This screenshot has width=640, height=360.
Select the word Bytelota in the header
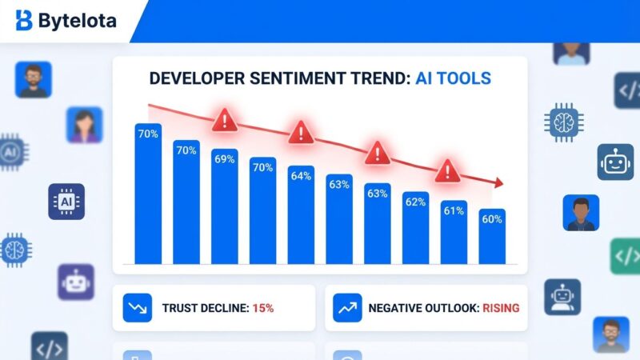[77, 21]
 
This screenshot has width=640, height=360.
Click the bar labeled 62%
[415, 228]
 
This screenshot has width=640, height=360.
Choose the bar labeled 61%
[454, 232]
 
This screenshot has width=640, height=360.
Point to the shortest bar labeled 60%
[491, 237]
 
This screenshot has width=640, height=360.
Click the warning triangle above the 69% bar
[225, 121]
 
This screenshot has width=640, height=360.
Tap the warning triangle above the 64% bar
[301, 132]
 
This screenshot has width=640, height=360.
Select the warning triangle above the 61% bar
[447, 170]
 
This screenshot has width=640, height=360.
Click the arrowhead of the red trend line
[498, 183]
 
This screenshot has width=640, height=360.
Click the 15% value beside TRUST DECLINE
[263, 308]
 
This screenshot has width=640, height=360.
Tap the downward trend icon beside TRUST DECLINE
[137, 308]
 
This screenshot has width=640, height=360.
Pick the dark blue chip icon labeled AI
[66, 202]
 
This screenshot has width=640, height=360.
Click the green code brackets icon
[626, 256]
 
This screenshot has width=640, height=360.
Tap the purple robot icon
[75, 282]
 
